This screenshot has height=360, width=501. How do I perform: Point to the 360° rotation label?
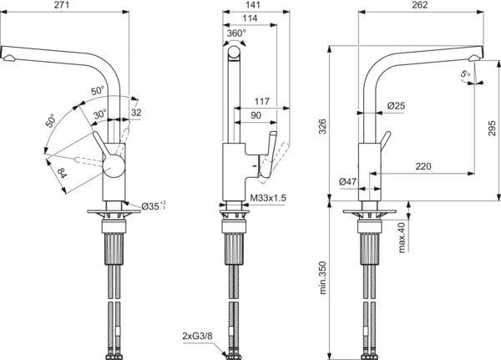[x=236, y=33]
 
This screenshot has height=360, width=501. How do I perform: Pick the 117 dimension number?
[x=261, y=102]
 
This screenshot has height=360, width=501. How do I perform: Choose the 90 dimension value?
[x=256, y=116]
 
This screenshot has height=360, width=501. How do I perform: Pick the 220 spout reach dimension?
[x=423, y=167]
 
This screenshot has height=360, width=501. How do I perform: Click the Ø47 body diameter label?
[x=349, y=181]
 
